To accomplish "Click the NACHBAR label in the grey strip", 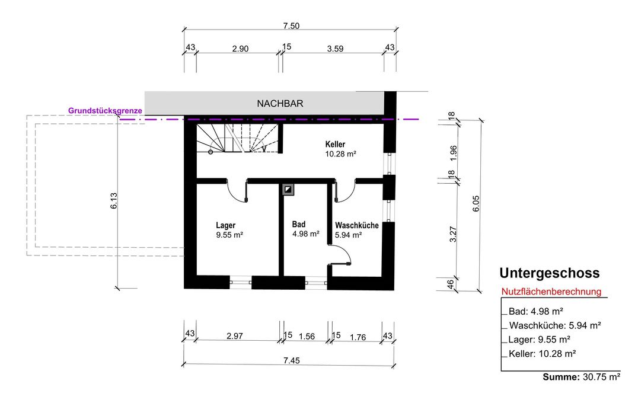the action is click(x=280, y=104).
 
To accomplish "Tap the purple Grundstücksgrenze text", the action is click(x=105, y=111).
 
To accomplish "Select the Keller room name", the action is click(x=335, y=144).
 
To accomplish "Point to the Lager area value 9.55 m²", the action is click(x=229, y=235).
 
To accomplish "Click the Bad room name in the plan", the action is click(x=299, y=224).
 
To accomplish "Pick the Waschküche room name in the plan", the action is click(x=357, y=225).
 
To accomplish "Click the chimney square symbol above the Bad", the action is click(x=288, y=190).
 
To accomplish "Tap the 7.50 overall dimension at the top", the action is click(x=291, y=26).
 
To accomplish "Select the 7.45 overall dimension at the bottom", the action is click(x=292, y=360).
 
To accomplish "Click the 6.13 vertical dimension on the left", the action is click(x=114, y=201).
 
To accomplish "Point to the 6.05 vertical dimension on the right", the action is click(x=476, y=204).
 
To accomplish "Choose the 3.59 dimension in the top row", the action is click(x=335, y=49).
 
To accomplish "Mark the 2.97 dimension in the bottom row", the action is click(x=235, y=336).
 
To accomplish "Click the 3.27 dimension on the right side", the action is click(x=453, y=234).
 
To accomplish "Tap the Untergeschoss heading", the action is click(x=550, y=273).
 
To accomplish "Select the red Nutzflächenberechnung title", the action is click(x=551, y=292).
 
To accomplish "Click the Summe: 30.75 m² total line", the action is click(x=582, y=377).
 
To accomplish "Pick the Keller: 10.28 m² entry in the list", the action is click(x=543, y=354).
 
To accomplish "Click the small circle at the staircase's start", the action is click(x=210, y=152).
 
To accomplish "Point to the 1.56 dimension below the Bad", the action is click(x=307, y=337).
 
